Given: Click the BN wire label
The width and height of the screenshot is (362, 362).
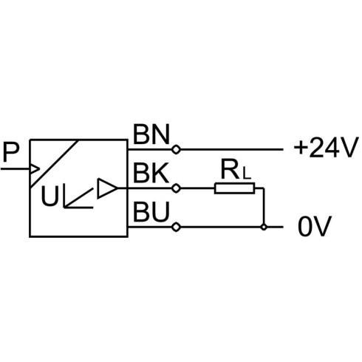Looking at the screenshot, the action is [151, 134].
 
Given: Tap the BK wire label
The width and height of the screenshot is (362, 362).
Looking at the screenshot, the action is [151, 173].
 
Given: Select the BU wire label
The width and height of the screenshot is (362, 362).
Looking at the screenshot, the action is [151, 211].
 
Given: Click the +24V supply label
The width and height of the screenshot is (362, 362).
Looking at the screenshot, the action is [325, 148].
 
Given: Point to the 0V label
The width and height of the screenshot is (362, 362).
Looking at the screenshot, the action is [315, 226].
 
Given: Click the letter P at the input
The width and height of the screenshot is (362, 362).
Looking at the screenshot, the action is [11, 153].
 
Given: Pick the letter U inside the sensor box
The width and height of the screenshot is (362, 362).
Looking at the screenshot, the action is [50, 196].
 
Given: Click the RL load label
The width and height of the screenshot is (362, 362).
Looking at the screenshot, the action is [236, 170].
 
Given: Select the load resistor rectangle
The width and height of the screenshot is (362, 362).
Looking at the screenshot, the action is [234, 188].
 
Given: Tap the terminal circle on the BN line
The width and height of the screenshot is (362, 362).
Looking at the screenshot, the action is [176, 149].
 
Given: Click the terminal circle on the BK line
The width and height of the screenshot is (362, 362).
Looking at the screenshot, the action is [176, 188].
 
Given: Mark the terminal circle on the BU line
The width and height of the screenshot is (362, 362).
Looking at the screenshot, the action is [176, 227].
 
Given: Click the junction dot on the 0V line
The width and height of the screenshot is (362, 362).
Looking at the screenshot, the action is [264, 227].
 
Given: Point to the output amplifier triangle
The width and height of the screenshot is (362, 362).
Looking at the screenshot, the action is [107, 188].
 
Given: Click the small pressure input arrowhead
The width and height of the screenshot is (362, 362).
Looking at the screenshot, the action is [35, 169].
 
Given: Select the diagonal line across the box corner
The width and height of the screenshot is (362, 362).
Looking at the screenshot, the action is [54, 164].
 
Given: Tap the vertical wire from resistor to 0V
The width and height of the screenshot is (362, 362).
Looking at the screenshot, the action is [264, 207].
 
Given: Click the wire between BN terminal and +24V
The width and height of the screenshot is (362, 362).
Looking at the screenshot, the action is [231, 149].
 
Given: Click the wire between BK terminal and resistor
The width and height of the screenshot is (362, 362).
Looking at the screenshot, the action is [197, 188].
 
